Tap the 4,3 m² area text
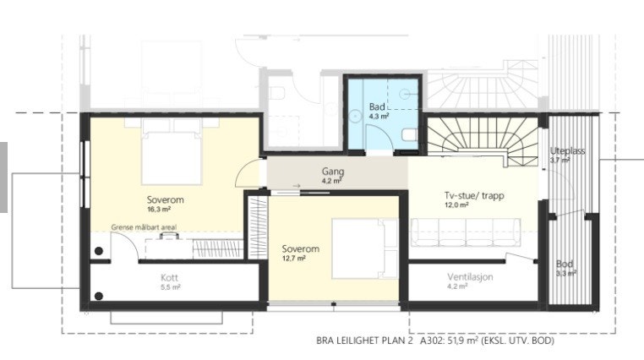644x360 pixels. [x=379, y=117]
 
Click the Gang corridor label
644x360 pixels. [x=332, y=171]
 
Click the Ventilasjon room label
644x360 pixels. [x=470, y=276]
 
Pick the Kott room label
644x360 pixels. [x=171, y=276]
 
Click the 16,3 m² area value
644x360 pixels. [x=165, y=210]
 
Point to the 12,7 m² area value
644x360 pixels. [x=294, y=259]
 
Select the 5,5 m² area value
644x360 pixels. [x=171, y=286]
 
